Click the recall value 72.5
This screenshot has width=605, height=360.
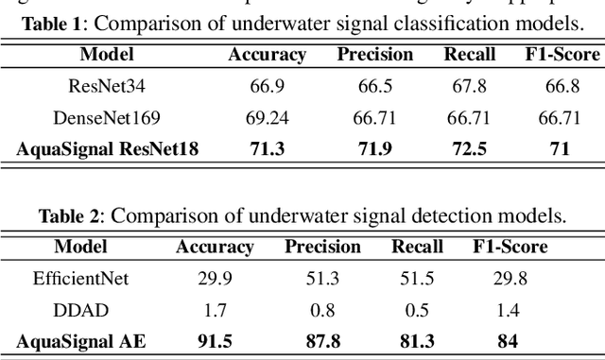pyautogui.click(x=470, y=148)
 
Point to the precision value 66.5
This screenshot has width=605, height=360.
pyautogui.click(x=375, y=87)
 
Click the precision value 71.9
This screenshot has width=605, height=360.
pyautogui.click(x=375, y=148)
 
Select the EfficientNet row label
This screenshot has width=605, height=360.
pyautogui.click(x=79, y=279)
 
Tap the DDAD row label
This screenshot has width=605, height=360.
pyautogui.click(x=79, y=310)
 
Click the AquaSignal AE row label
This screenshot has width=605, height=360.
pyautogui.click(x=79, y=340)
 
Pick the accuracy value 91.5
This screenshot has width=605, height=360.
pyautogui.click(x=215, y=340)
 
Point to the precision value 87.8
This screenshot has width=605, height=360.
pyautogui.click(x=323, y=340)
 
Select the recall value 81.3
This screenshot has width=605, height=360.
pyautogui.click(x=417, y=340)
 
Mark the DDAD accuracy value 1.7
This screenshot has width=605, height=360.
pyautogui.click(x=215, y=310)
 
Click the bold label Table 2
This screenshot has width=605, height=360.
pyautogui.click(x=71, y=216)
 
